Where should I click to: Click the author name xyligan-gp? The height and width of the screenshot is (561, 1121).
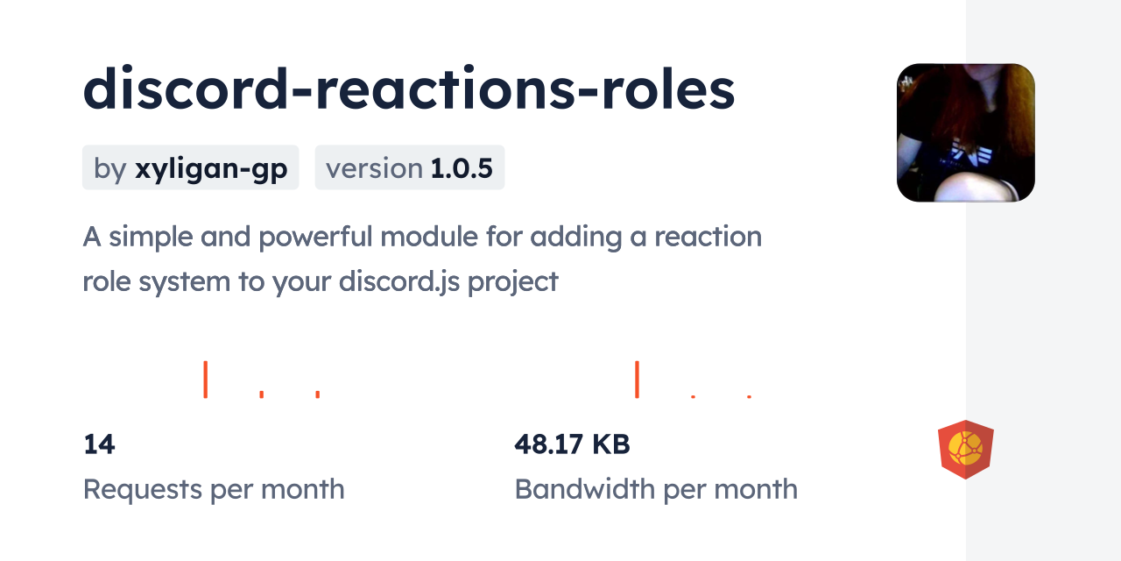pos(211,168)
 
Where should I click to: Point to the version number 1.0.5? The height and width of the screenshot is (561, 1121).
pos(462,168)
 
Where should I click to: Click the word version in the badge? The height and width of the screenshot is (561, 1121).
pos(374,168)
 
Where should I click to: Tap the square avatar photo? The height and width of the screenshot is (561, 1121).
pos(965,132)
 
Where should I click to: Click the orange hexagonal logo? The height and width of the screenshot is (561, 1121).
pos(965,450)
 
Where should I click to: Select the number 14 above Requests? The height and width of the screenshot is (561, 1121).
pos(99,444)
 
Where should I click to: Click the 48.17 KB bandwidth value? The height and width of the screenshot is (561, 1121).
pos(572,444)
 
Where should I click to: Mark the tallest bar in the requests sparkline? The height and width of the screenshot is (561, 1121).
pos(205,379)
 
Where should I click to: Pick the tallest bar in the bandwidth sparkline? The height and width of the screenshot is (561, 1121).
pos(637,379)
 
